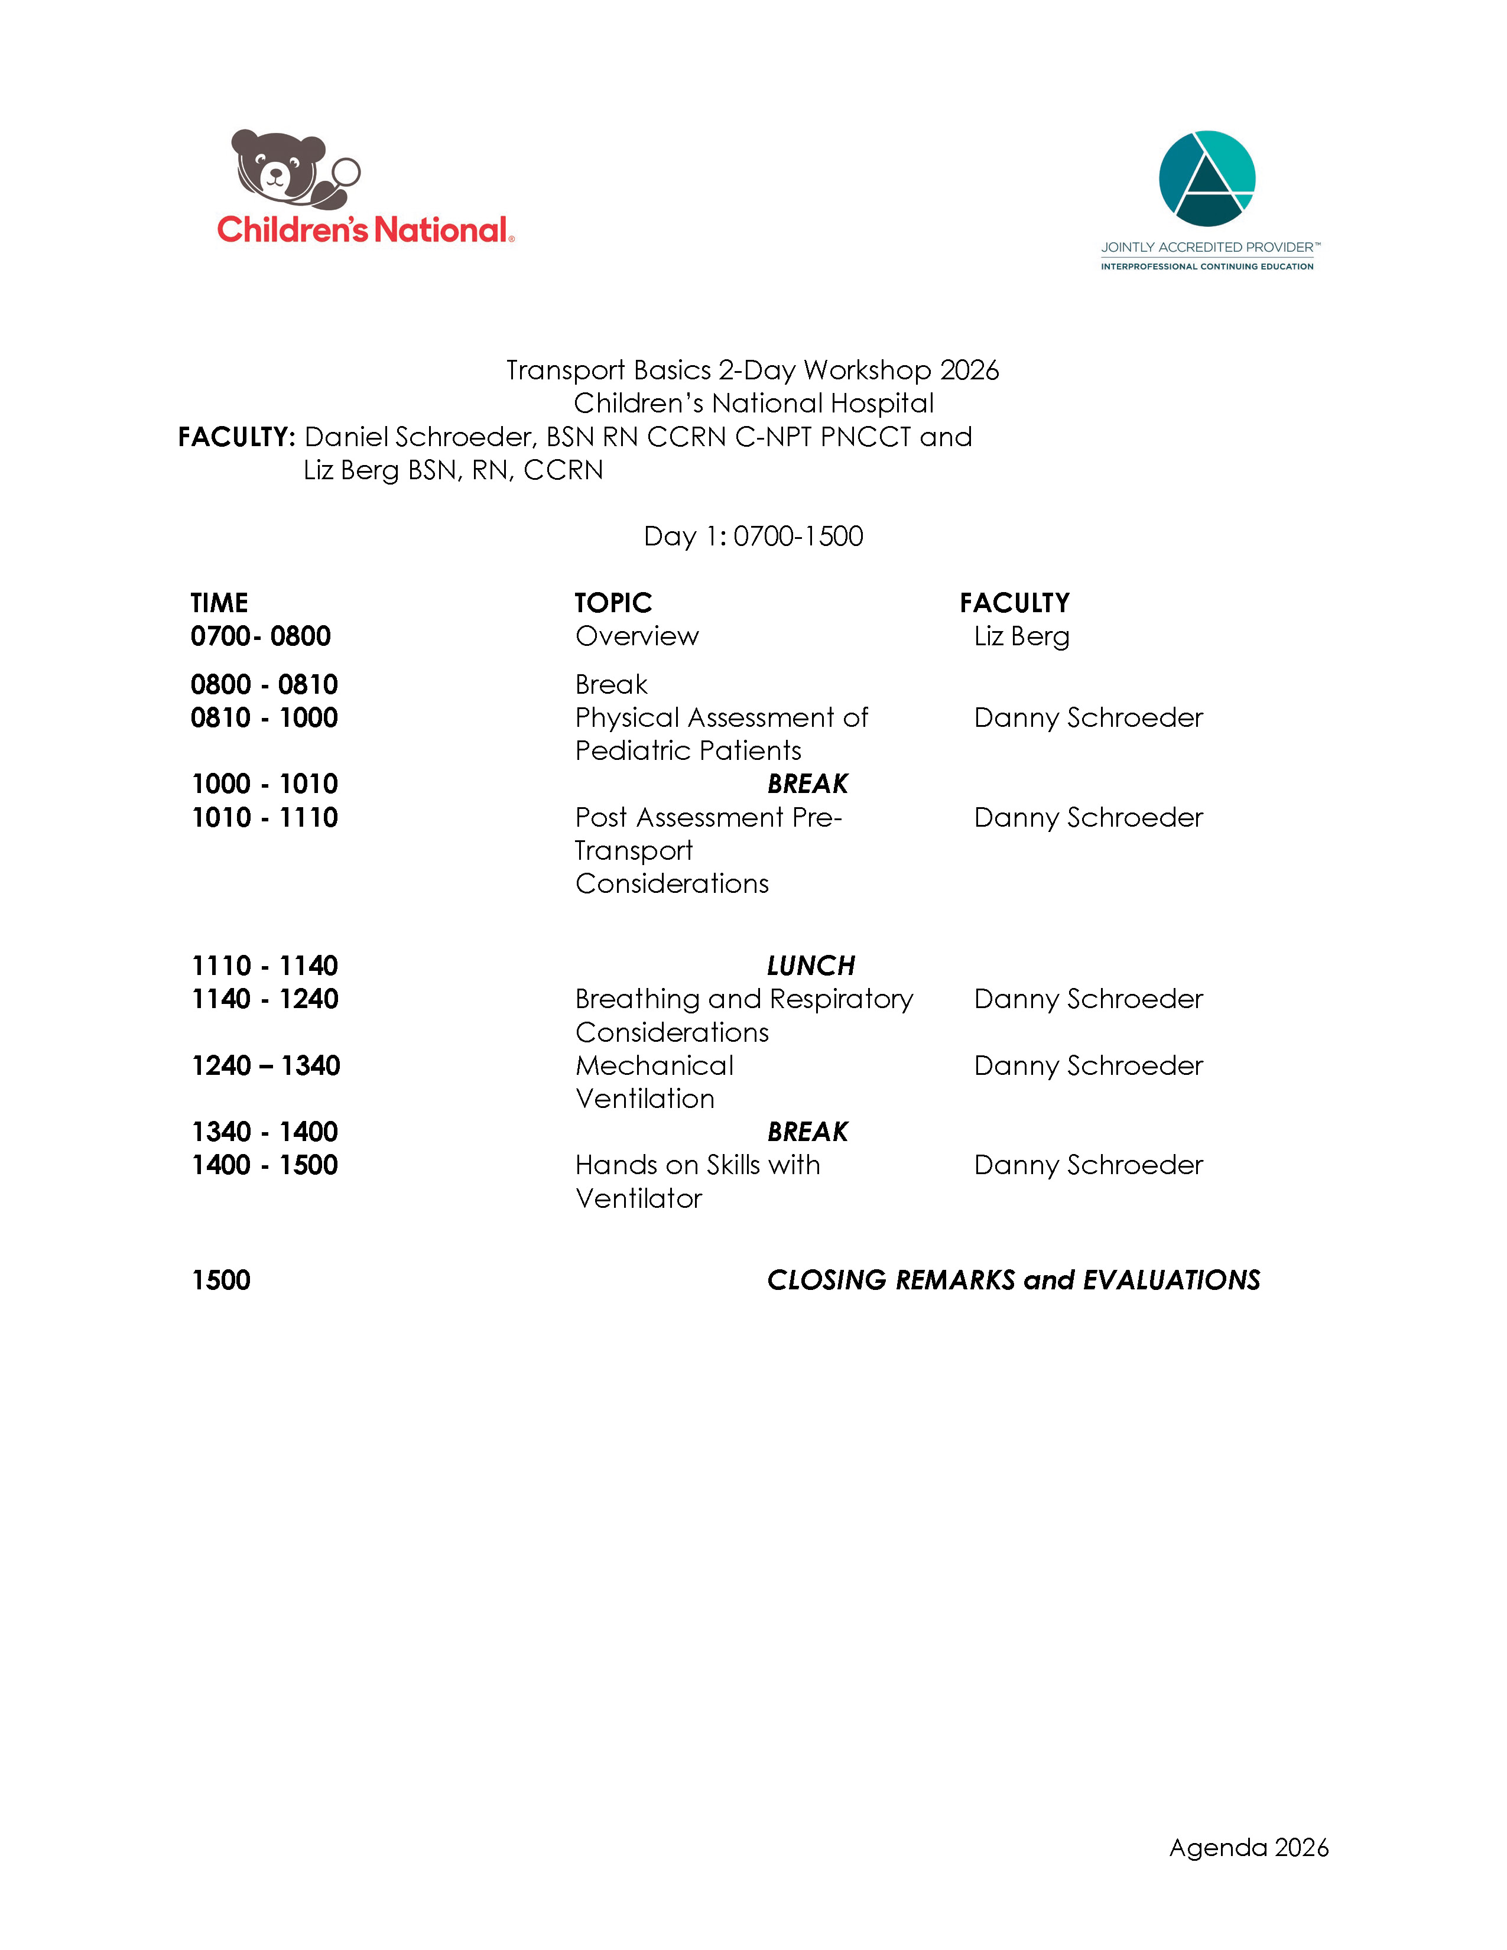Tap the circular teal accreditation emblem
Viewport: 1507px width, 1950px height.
pyautogui.click(x=1206, y=178)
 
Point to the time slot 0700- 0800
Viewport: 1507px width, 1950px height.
pyautogui.click(x=260, y=636)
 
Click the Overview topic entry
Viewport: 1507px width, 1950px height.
pyautogui.click(x=636, y=636)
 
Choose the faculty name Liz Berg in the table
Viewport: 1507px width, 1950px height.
pyautogui.click(x=1021, y=636)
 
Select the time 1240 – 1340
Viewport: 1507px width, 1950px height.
pyautogui.click(x=265, y=1065)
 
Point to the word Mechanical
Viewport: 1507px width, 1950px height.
pyautogui.click(x=654, y=1065)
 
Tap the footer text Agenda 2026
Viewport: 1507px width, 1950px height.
pyautogui.click(x=1248, y=1847)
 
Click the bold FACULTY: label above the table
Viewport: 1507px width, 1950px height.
pyautogui.click(x=236, y=437)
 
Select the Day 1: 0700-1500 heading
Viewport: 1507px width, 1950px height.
pyautogui.click(x=752, y=536)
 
